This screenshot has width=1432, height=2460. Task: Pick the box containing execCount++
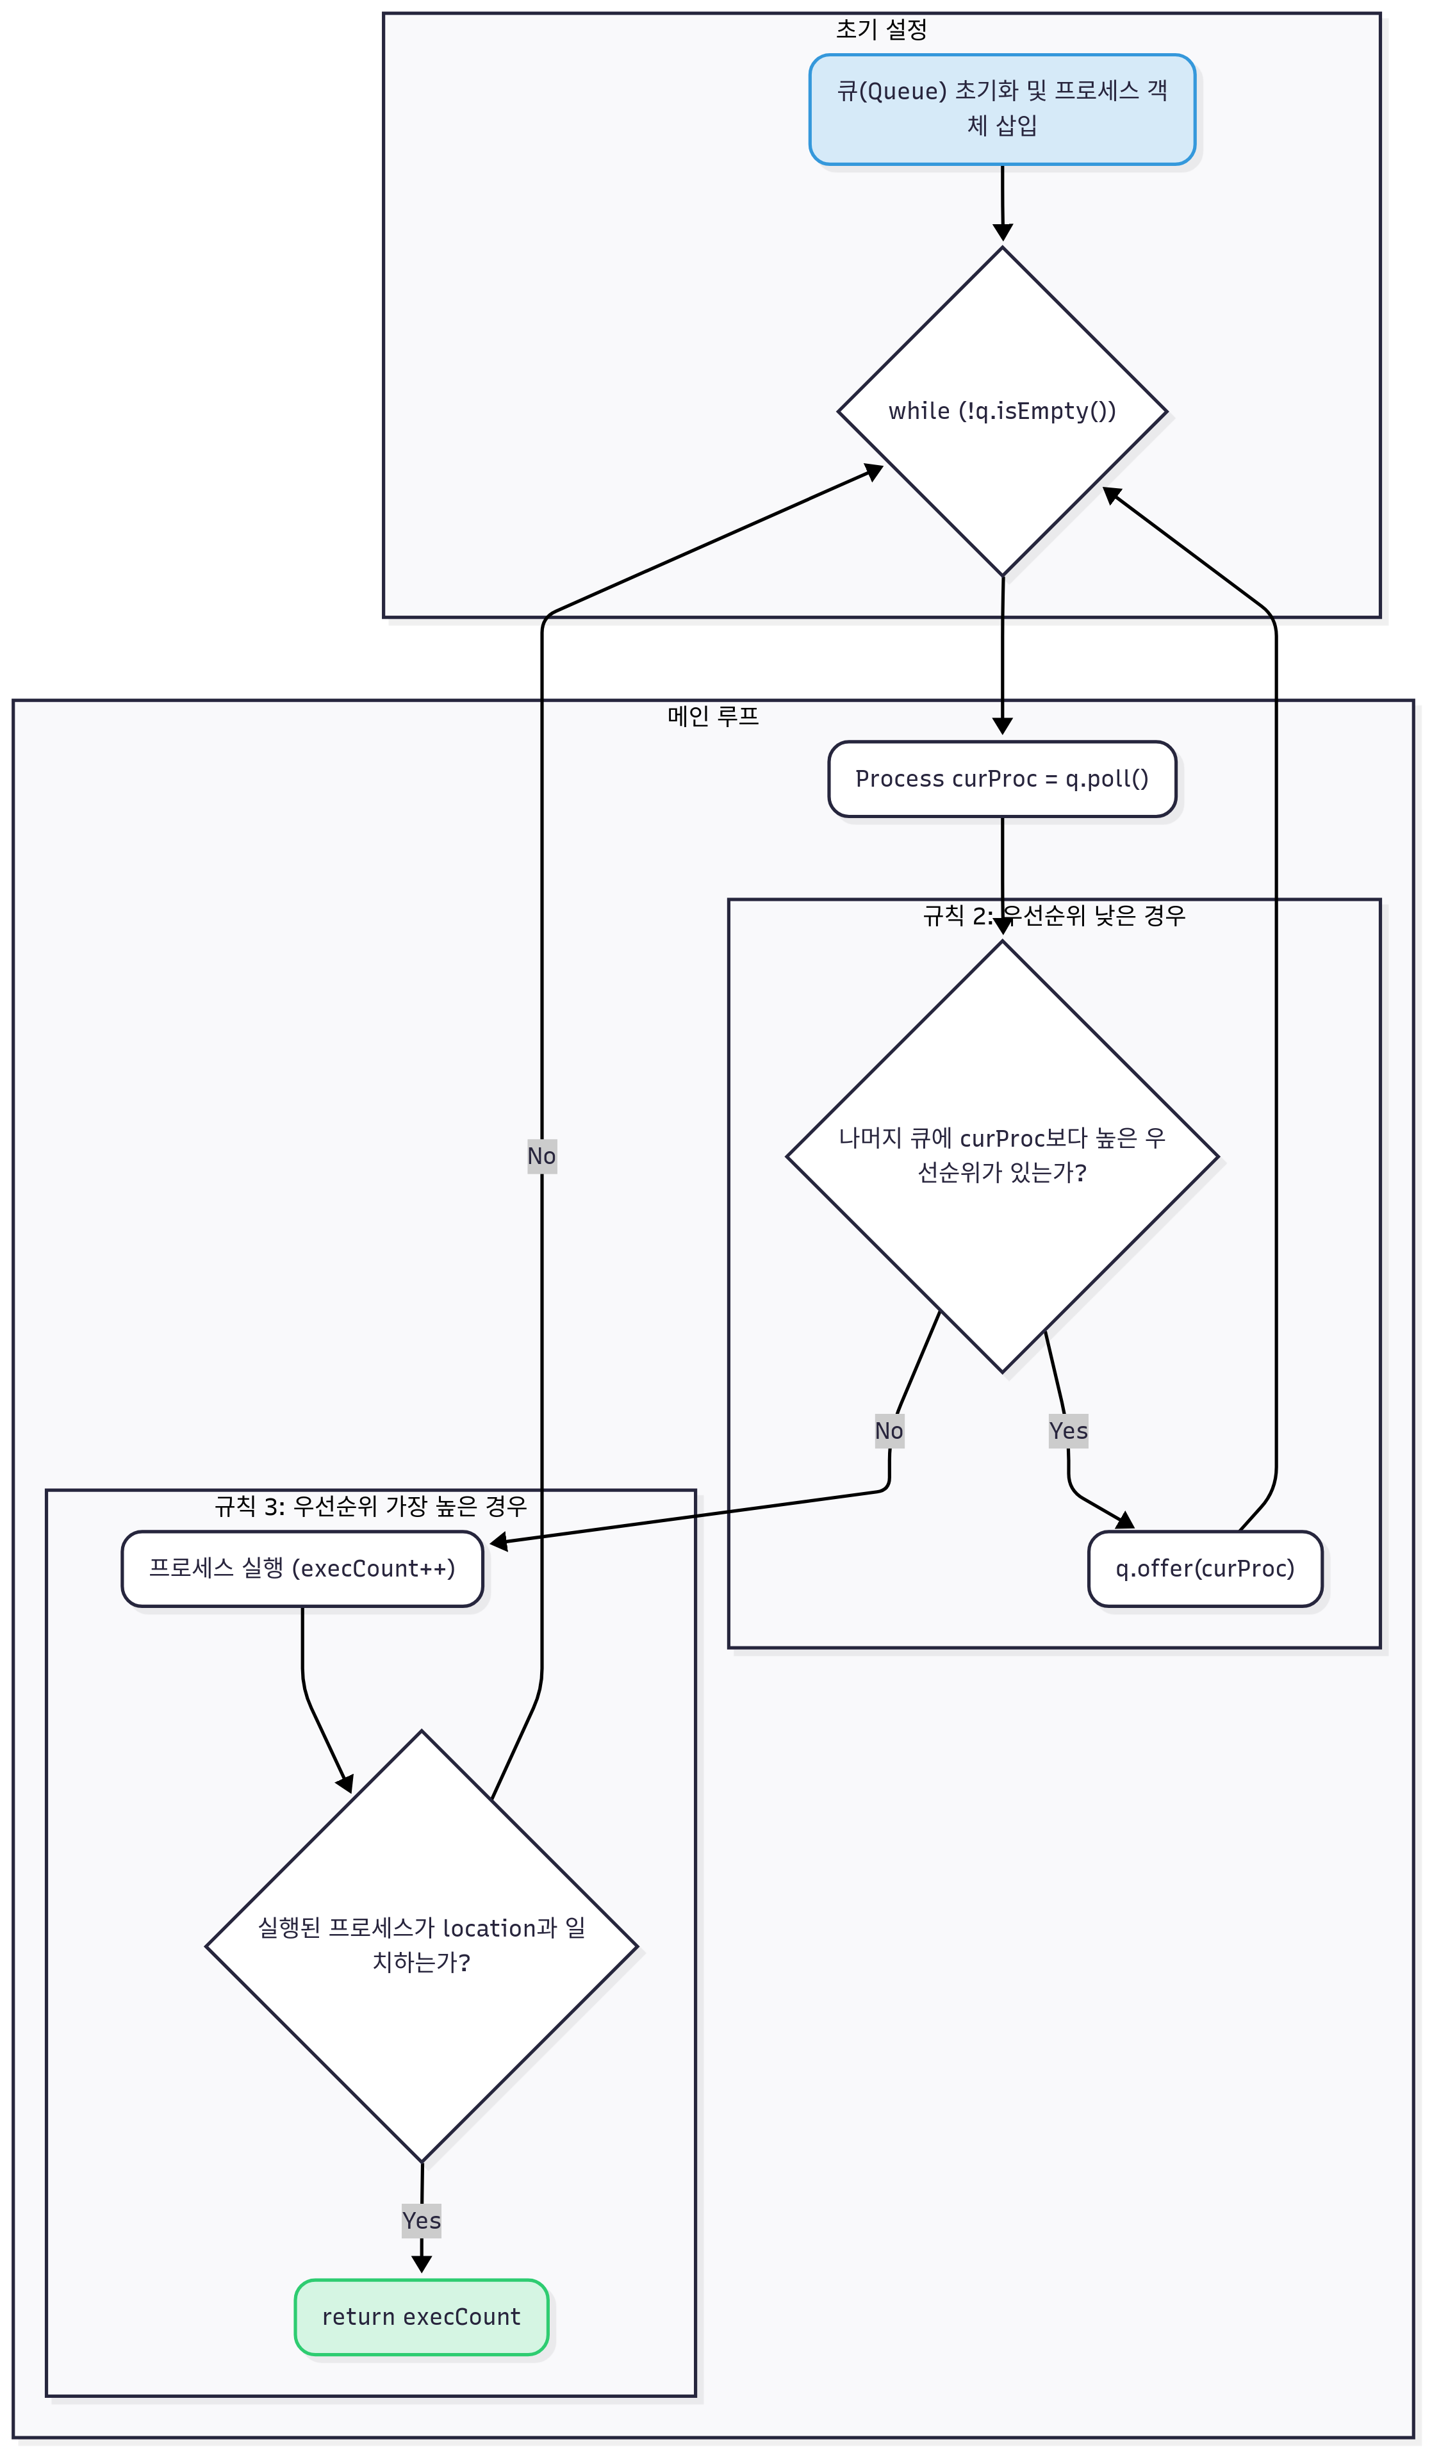pos(302,1569)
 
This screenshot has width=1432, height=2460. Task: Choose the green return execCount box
pos(421,2318)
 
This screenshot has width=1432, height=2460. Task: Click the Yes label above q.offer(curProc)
pos(1068,1431)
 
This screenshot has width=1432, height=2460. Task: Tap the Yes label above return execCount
pos(421,2221)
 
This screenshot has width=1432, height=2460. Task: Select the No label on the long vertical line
pos(542,1156)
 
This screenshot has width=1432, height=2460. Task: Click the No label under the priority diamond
pos(888,1431)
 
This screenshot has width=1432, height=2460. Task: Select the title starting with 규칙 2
pos(1053,915)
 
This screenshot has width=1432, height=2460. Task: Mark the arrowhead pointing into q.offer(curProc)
pos(1126,1521)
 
